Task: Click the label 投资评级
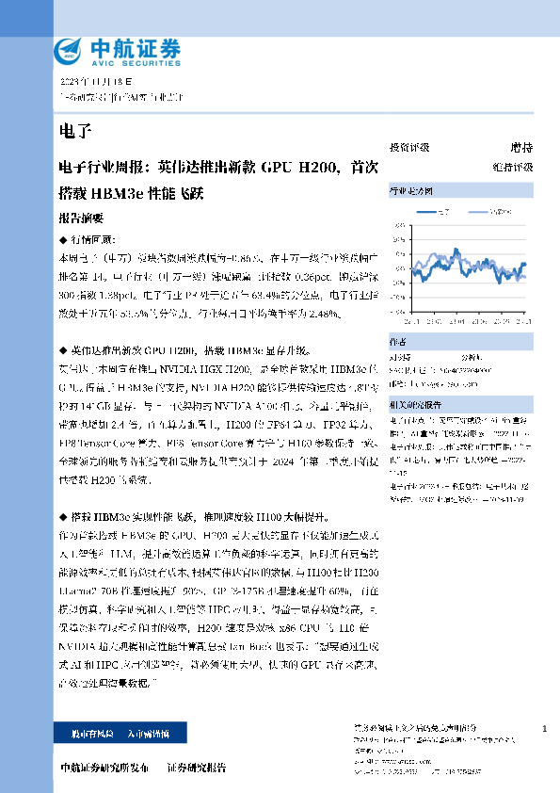point(409,148)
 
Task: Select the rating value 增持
point(521,148)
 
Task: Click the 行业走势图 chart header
point(410,191)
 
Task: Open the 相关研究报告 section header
point(414,403)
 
